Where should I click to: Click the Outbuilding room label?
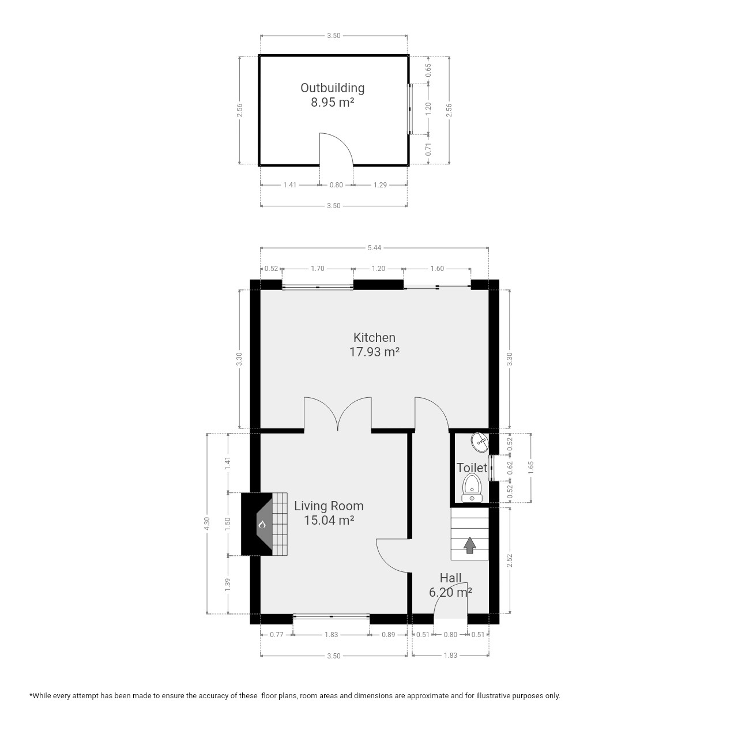pyautogui.click(x=332, y=88)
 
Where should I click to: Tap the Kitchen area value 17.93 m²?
pyautogui.click(x=374, y=352)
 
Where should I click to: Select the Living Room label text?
pyautogui.click(x=329, y=506)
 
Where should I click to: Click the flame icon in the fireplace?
pyautogui.click(x=262, y=524)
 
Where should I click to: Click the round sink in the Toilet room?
pyautogui.click(x=480, y=443)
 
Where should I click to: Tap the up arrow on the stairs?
pyautogui.click(x=470, y=545)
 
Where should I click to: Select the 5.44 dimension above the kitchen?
pyautogui.click(x=374, y=248)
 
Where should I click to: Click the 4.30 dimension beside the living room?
pyautogui.click(x=207, y=524)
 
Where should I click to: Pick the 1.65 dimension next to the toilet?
pyautogui.click(x=531, y=467)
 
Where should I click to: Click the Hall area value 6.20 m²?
pyautogui.click(x=450, y=593)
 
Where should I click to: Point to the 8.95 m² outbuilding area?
pyautogui.click(x=332, y=103)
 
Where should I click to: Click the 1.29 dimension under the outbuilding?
pyautogui.click(x=380, y=185)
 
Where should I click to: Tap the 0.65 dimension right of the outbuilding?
pyautogui.click(x=428, y=70)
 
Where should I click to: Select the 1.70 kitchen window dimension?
pyautogui.click(x=318, y=269)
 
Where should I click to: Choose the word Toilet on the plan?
pyautogui.click(x=472, y=468)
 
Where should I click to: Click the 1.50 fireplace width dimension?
pyautogui.click(x=228, y=524)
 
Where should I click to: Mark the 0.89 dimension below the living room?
pyautogui.click(x=388, y=635)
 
